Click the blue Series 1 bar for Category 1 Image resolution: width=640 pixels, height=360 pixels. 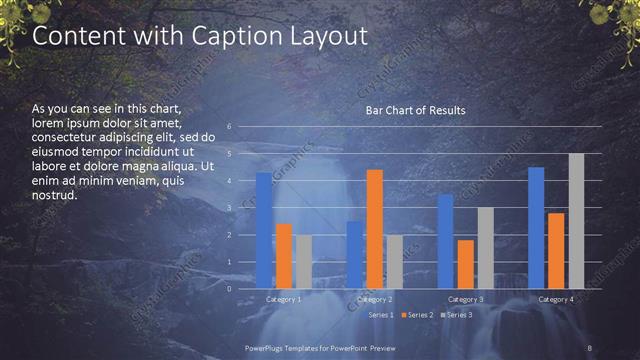(x=263, y=230)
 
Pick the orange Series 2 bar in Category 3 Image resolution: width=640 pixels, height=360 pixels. (x=466, y=264)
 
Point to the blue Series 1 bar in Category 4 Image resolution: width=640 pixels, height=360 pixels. (x=536, y=227)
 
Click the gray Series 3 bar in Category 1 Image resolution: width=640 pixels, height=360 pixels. (x=303, y=261)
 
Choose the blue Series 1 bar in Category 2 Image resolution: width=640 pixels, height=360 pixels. (x=355, y=254)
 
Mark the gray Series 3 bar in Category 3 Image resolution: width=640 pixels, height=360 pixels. (x=486, y=247)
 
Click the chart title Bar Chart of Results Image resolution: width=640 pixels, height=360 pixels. (x=415, y=110)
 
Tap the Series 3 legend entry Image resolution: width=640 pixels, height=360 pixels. (x=459, y=315)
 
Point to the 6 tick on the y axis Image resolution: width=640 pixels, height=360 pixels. (x=229, y=127)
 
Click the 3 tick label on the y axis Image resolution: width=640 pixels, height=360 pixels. (x=229, y=208)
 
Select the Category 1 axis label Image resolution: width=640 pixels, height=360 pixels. (x=283, y=299)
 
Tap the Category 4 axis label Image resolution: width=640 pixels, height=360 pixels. (x=556, y=299)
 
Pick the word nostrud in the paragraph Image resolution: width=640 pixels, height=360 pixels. (x=55, y=195)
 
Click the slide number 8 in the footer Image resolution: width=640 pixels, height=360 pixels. (x=590, y=347)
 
